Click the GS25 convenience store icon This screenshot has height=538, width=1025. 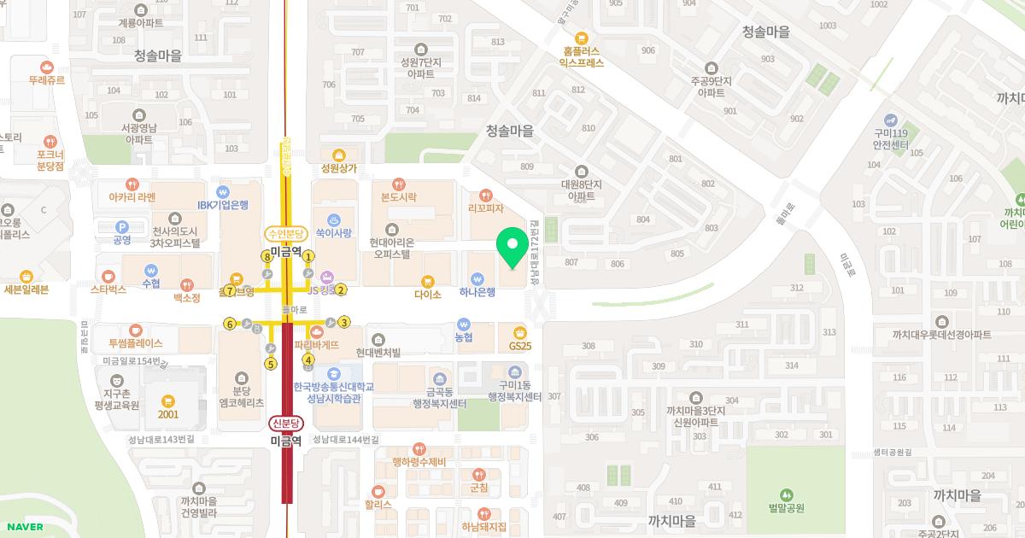[x=519, y=331]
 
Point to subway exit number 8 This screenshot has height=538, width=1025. [x=266, y=255]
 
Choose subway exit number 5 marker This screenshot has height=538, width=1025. [x=271, y=364]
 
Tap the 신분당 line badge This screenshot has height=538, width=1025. [x=285, y=423]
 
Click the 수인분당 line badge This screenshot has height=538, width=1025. [x=285, y=232]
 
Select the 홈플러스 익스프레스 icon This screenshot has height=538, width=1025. [x=582, y=38]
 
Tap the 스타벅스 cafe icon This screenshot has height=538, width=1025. [x=108, y=276]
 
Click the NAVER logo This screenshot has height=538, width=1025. [x=25, y=527]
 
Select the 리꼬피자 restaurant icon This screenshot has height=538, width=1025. [x=486, y=194]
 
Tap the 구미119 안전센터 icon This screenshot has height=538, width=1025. [x=890, y=119]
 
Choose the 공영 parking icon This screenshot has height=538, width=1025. [x=121, y=226]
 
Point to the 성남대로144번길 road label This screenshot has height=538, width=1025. [x=345, y=439]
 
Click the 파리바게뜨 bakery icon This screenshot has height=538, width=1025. [x=317, y=330]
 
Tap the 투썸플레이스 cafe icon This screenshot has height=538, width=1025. [x=135, y=330]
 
